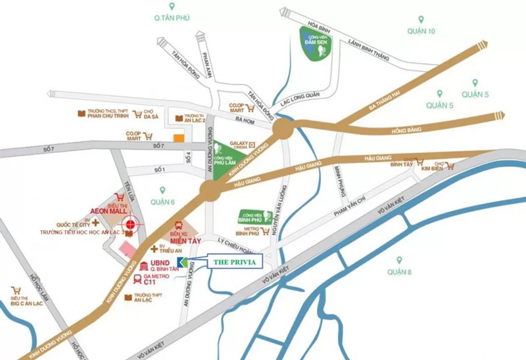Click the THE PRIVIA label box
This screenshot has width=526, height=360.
click(x=235, y=261)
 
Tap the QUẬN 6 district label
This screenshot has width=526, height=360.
click(x=162, y=202)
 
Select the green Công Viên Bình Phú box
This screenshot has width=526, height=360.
click(x=253, y=216)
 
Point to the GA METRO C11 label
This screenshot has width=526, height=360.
click(x=161, y=280)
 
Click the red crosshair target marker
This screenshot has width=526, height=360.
click(x=131, y=225)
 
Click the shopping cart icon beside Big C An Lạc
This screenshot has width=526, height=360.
click(x=15, y=290)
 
